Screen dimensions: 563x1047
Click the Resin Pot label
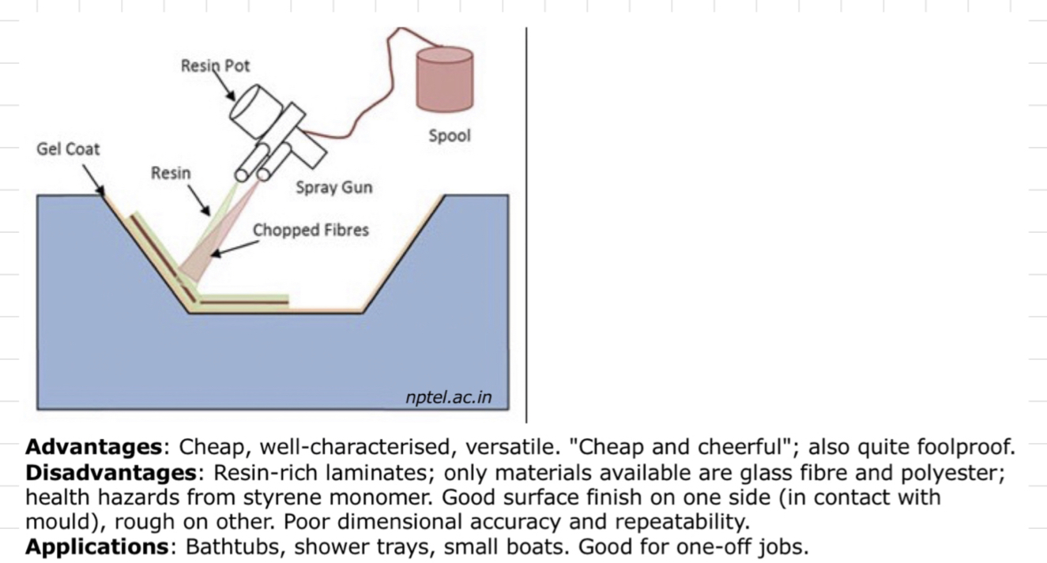tap(215, 66)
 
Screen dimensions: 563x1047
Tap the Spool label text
tap(450, 135)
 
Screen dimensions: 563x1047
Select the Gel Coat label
tap(68, 149)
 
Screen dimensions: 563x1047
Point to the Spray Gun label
tap(333, 188)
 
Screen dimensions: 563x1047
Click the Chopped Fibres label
tap(311, 230)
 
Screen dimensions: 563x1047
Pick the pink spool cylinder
tap(444, 79)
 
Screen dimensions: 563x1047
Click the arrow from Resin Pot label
tap(227, 89)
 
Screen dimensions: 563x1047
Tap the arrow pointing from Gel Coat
tap(96, 182)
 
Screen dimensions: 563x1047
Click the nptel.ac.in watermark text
tap(448, 397)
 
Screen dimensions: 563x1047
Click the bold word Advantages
tap(93, 448)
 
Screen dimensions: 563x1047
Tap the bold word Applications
tap(93, 547)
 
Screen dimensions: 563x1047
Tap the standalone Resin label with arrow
tap(171, 173)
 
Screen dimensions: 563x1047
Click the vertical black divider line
tap(526, 221)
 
